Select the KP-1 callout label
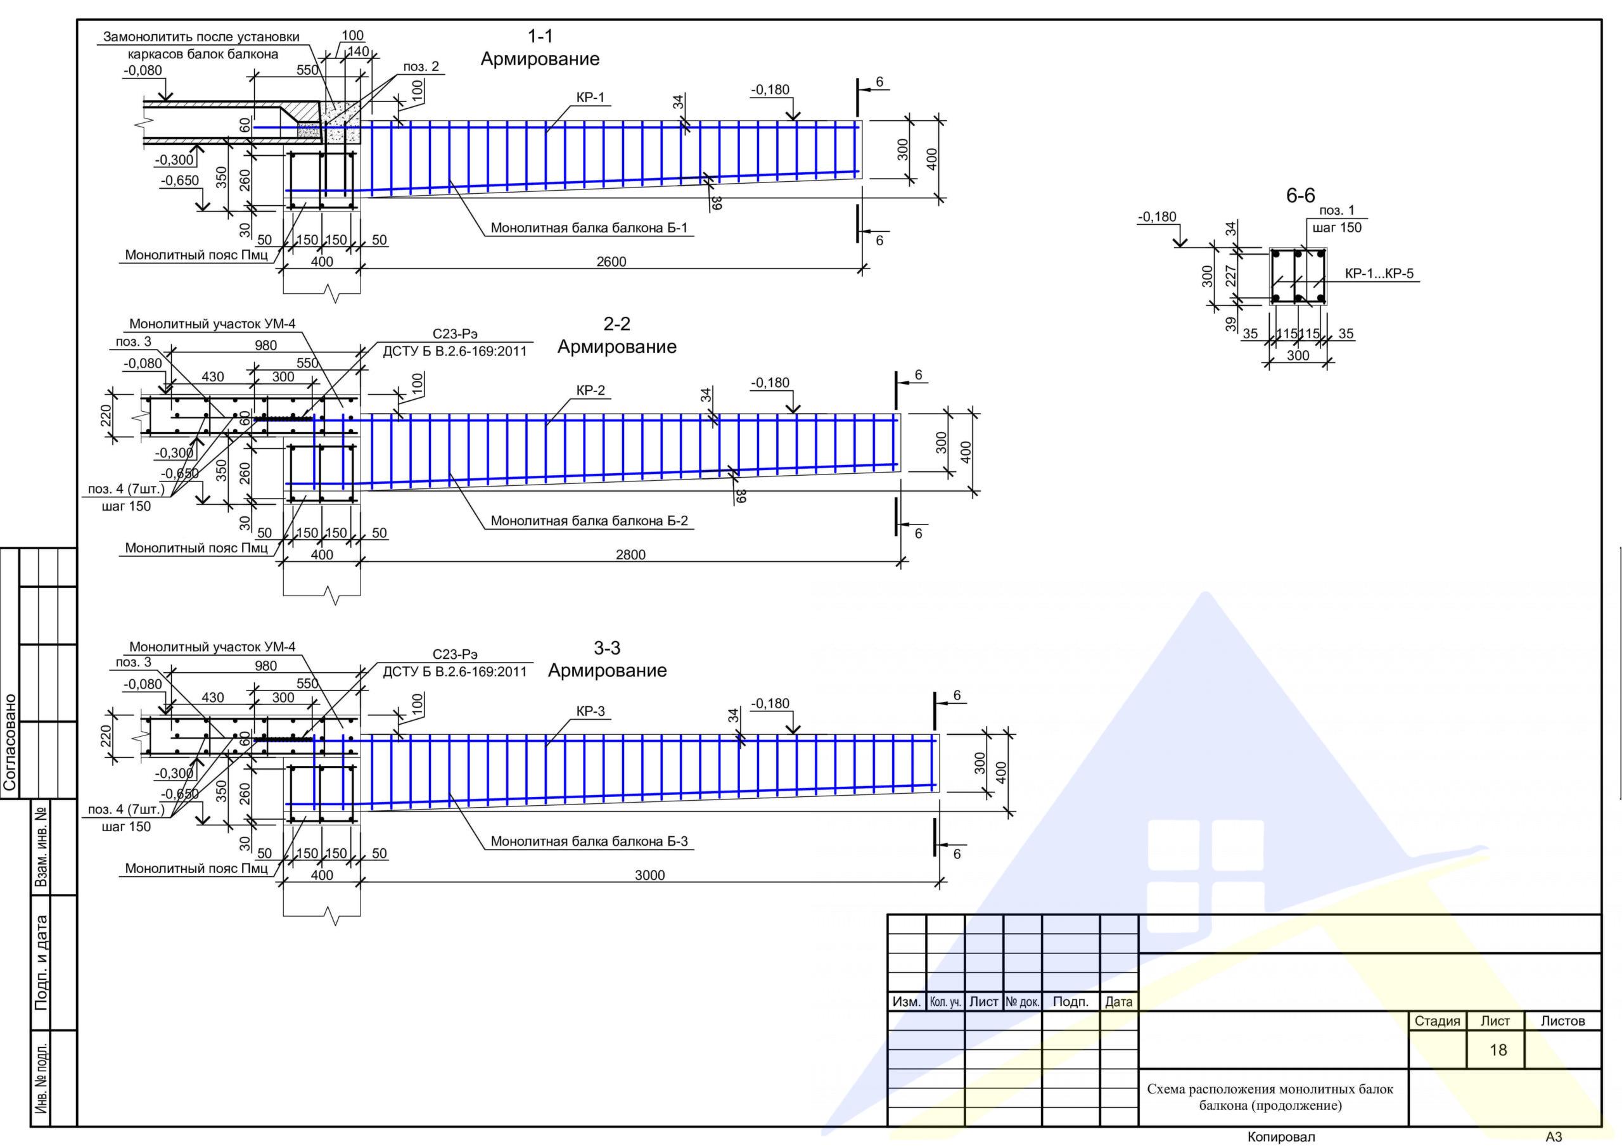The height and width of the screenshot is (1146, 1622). click(x=591, y=98)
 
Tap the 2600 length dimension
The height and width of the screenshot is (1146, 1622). click(x=611, y=262)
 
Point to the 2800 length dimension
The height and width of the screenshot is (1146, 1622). click(x=630, y=555)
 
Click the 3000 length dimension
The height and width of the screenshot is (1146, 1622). click(x=649, y=875)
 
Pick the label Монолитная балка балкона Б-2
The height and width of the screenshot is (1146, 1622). click(x=589, y=521)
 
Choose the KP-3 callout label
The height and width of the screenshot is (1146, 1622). click(x=591, y=711)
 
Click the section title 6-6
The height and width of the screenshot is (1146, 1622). click(x=1300, y=196)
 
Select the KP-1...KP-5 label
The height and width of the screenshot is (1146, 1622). click(x=1379, y=274)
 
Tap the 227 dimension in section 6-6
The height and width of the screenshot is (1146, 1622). click(x=1230, y=276)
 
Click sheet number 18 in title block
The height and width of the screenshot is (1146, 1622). click(x=1498, y=1050)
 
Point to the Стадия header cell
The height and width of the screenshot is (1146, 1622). click(x=1437, y=1021)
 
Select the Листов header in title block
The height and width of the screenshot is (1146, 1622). click(x=1562, y=1021)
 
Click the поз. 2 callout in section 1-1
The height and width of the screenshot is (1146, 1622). click(x=421, y=67)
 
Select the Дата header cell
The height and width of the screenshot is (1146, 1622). click(x=1118, y=1002)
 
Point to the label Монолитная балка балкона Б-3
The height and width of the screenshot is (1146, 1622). click(x=589, y=841)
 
